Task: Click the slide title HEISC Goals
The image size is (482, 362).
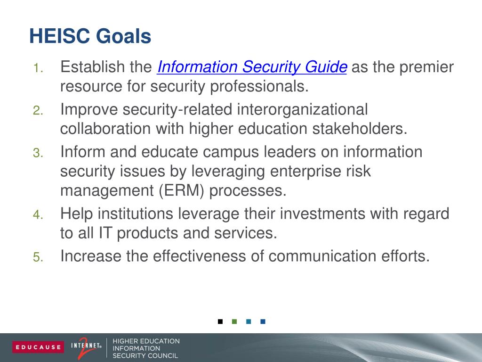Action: click(x=90, y=36)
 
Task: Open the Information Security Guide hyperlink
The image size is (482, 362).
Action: click(x=252, y=67)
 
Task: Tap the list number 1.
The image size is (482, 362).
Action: click(x=38, y=68)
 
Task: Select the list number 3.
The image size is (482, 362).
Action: click(x=38, y=153)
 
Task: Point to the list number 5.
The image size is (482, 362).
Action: click(x=38, y=257)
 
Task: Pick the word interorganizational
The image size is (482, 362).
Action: click(x=303, y=109)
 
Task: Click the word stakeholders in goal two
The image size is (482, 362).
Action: click(x=360, y=128)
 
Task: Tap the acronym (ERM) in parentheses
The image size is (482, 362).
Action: click(x=181, y=190)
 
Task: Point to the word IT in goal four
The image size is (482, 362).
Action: click(x=104, y=233)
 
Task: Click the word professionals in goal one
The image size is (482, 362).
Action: click(x=259, y=87)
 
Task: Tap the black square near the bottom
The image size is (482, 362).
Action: click(x=220, y=321)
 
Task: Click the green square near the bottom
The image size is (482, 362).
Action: click(x=234, y=321)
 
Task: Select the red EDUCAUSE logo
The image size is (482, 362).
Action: click(x=38, y=347)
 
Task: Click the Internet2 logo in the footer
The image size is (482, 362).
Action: click(x=86, y=347)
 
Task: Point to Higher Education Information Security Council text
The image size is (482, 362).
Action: click(x=146, y=348)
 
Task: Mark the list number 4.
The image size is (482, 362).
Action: click(x=38, y=214)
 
